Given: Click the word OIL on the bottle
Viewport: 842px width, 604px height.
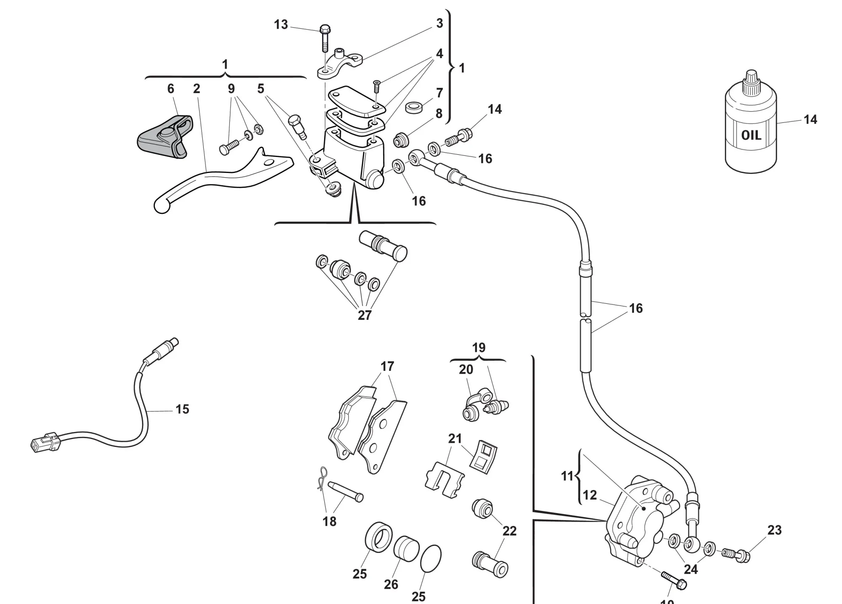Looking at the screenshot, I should point(751,136).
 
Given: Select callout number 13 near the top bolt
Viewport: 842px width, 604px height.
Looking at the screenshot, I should point(281,24).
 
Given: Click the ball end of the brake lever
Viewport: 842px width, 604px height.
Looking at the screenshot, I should point(161,206).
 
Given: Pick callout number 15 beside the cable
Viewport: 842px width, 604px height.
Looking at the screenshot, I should point(182,409).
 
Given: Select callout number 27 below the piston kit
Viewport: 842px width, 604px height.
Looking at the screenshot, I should point(365,315).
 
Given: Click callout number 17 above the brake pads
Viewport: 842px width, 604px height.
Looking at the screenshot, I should point(387,367).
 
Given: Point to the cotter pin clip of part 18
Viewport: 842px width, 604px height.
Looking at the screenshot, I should point(322,478).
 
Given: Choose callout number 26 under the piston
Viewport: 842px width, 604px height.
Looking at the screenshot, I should point(391,584).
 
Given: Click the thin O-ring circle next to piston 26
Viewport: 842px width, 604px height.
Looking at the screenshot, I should point(431,559).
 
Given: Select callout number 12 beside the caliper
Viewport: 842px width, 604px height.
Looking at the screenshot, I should point(590,495).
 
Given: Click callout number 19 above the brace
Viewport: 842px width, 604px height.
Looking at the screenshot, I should point(479,348).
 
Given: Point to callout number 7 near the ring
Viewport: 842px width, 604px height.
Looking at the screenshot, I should point(440,93).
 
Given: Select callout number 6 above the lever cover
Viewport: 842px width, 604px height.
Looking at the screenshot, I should point(171,89).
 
